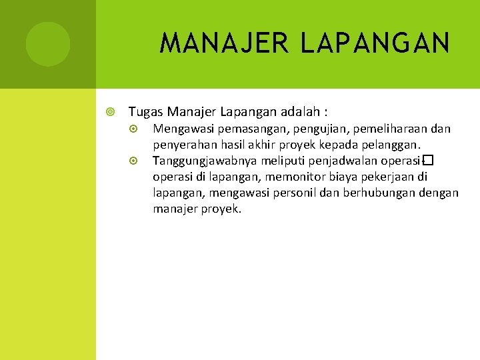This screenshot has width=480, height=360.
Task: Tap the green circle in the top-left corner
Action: (48, 44)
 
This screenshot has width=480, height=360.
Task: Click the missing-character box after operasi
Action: (429, 161)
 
